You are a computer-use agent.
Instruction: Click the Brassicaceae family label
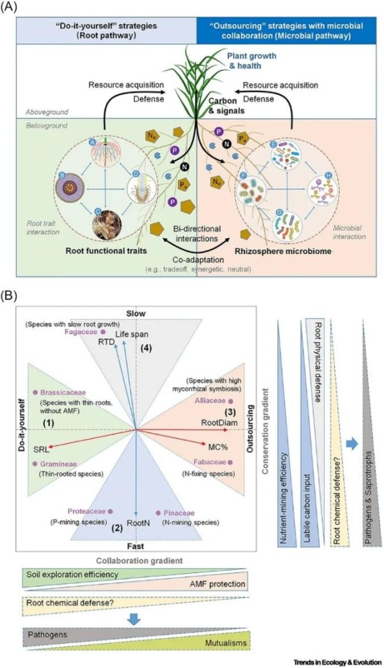tap(59, 392)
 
